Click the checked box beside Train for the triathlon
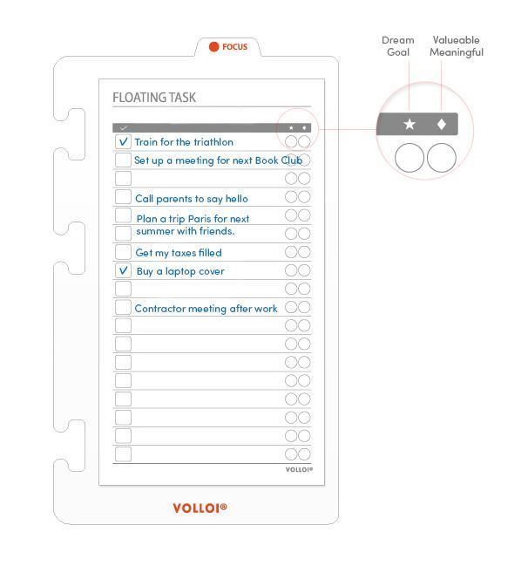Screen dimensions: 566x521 pyautogui.click(x=123, y=141)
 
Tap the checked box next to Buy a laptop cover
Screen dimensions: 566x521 pyautogui.click(x=123, y=270)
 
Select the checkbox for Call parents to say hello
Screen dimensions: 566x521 pyautogui.click(x=123, y=197)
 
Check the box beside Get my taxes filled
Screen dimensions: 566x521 pyautogui.click(x=123, y=252)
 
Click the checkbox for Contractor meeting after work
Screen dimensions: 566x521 pyautogui.click(x=123, y=307)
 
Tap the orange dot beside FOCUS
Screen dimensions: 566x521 pyautogui.click(x=213, y=47)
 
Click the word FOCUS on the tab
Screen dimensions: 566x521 pyautogui.click(x=234, y=47)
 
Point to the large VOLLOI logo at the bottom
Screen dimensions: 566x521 pyautogui.click(x=200, y=508)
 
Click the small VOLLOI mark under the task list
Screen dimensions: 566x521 pyautogui.click(x=299, y=469)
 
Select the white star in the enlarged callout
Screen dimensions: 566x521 pyautogui.click(x=409, y=125)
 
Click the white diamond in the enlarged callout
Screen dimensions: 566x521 pyautogui.click(x=442, y=125)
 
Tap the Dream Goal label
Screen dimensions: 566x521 pyautogui.click(x=397, y=46)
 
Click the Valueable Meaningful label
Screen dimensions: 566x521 pyautogui.click(x=457, y=46)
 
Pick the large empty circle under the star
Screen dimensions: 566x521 pyautogui.click(x=409, y=158)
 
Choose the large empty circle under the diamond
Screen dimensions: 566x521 pyautogui.click(x=442, y=158)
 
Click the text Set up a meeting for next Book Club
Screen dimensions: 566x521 pyautogui.click(x=218, y=160)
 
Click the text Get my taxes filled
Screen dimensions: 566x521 pyautogui.click(x=179, y=253)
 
